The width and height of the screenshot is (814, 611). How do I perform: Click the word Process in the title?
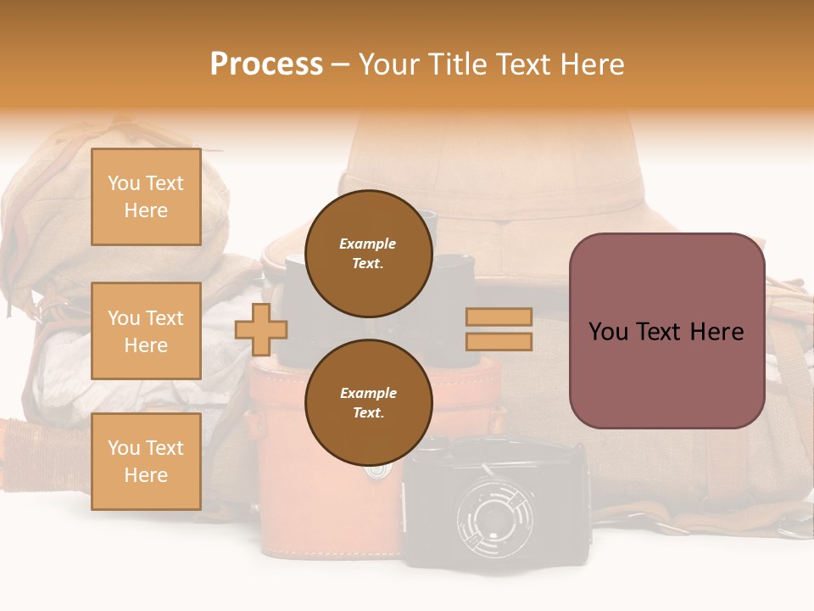tap(266, 64)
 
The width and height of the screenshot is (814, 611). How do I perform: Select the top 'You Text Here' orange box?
tap(146, 197)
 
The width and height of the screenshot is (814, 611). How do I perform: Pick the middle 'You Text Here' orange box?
tap(146, 331)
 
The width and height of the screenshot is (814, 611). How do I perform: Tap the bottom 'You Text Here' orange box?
tap(146, 461)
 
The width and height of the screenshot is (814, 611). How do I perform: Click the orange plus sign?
tap(261, 328)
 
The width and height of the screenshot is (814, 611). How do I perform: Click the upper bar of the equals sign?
tap(499, 317)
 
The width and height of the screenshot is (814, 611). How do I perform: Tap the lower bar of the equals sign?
tap(499, 341)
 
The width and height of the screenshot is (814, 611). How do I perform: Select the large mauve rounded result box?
tap(666, 331)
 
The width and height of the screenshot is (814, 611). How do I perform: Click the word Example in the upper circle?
tap(368, 244)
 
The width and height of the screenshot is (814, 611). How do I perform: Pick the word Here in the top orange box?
tap(146, 210)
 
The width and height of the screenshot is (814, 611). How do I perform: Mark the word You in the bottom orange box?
tap(123, 447)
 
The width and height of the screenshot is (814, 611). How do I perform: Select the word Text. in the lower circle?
tap(368, 412)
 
